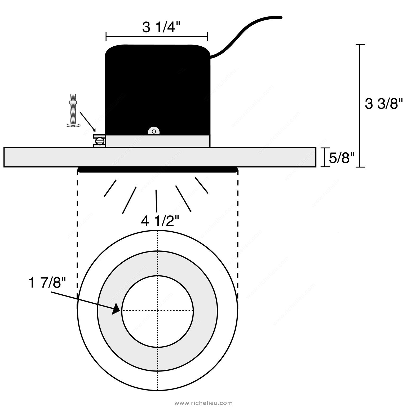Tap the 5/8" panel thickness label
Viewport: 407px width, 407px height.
click(342, 158)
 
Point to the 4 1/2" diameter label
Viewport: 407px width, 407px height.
click(158, 221)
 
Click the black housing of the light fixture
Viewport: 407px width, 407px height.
click(158, 90)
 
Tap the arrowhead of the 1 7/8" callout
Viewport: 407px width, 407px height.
click(117, 309)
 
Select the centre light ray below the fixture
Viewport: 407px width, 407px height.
click(156, 201)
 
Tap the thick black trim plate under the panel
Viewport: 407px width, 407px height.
click(157, 170)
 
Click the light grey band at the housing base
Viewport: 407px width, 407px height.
click(158, 141)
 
